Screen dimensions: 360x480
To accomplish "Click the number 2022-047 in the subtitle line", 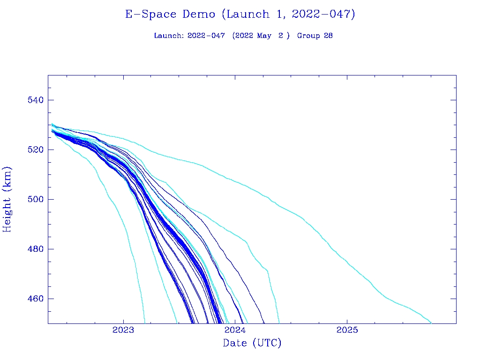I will [x=206, y=36].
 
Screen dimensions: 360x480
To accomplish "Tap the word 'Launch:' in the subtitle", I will [x=169, y=36].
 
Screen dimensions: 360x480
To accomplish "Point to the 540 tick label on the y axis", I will [x=35, y=100].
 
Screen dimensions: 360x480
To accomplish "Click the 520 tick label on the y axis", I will [x=35, y=150].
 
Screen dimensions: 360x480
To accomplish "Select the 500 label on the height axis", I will [x=35, y=200].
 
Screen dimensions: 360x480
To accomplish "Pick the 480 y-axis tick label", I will [x=35, y=249].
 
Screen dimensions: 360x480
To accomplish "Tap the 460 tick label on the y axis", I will [x=35, y=299].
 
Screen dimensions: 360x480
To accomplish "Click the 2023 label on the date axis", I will [x=123, y=330].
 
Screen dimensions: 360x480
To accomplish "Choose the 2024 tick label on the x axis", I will [x=235, y=330].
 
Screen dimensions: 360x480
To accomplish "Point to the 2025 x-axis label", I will [x=347, y=330].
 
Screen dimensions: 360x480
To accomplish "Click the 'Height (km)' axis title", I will [x=7, y=199].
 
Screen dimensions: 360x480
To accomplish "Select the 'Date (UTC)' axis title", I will [x=252, y=343].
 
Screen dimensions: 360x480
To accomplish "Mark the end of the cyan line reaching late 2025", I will [x=431, y=322].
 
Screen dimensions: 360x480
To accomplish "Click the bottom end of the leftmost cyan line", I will [x=145, y=322].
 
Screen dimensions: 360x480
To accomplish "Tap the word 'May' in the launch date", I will [x=264, y=36].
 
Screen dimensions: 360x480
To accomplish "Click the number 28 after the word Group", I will [x=328, y=36].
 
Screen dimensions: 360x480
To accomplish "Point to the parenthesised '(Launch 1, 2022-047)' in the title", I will [x=288, y=15].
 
